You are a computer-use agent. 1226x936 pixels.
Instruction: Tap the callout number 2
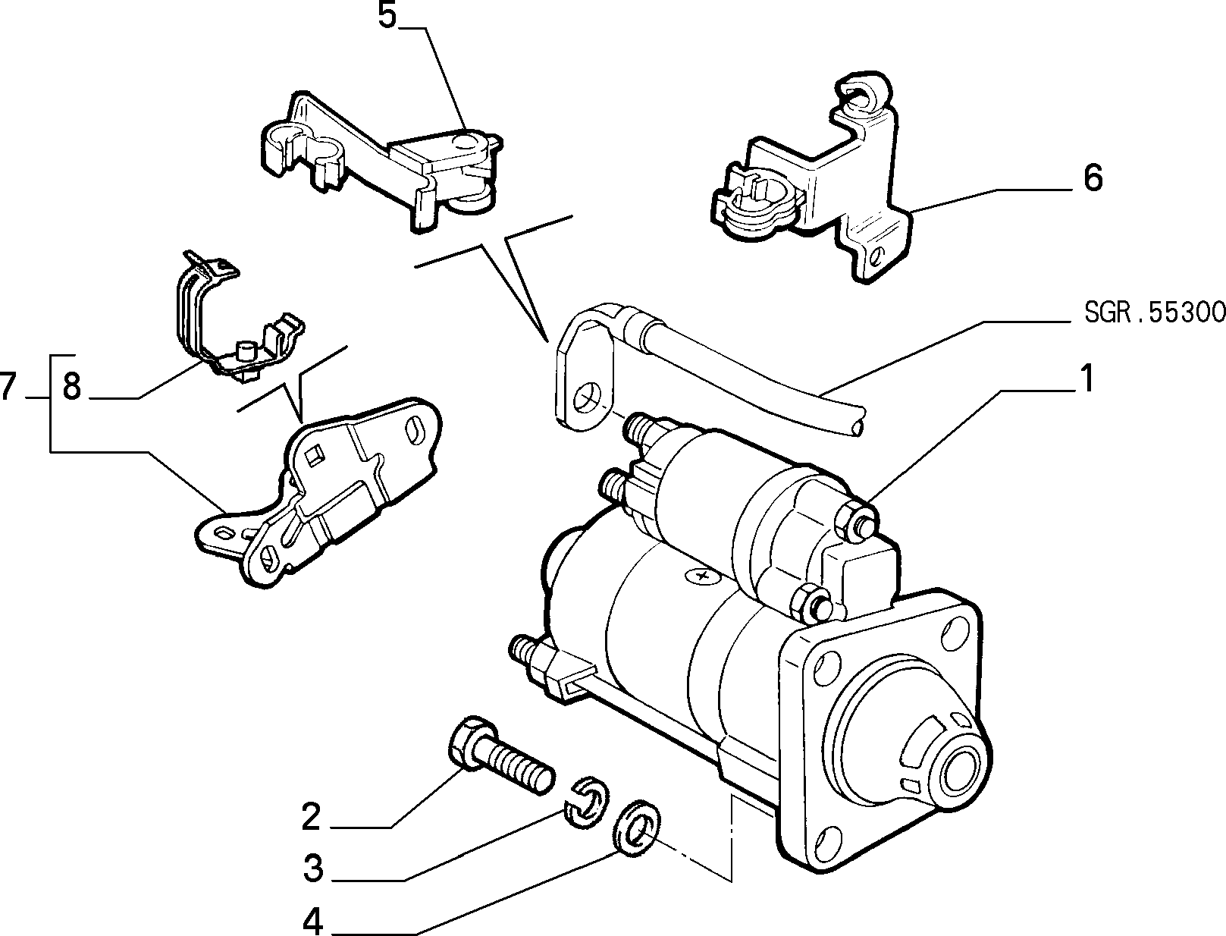[x=311, y=818]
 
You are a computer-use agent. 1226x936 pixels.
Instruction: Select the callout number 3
[x=313, y=869]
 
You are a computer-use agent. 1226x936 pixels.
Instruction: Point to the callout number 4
[x=313, y=920]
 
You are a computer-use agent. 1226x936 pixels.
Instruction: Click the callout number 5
[x=387, y=16]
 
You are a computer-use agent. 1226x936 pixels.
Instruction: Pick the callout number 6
[x=1093, y=179]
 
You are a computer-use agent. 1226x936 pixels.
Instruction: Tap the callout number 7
[x=8, y=387]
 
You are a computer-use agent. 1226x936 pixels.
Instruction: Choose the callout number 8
[x=72, y=387]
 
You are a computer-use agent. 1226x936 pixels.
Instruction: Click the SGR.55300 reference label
[x=1155, y=313]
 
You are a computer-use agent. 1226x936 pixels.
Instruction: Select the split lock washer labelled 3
[x=585, y=799]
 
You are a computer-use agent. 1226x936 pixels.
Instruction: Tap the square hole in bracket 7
[x=314, y=456]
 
